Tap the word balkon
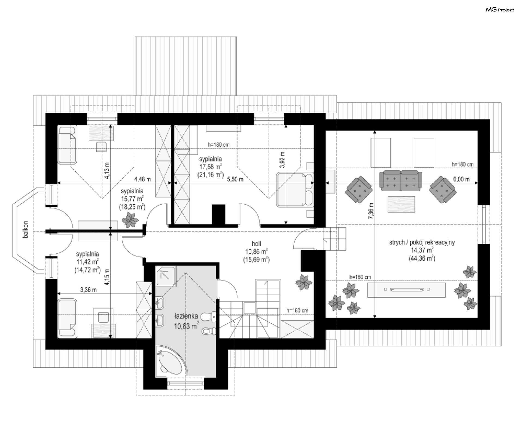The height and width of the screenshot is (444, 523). tap(26, 229)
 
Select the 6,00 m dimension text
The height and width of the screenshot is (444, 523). tap(461, 179)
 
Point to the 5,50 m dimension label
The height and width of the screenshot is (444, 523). tap(235, 179)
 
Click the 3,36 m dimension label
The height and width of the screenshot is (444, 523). tap(88, 290)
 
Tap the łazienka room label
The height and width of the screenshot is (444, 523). tap(186, 316)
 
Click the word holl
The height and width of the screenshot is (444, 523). tap(256, 244)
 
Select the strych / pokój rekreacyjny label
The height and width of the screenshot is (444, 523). tap(422, 242)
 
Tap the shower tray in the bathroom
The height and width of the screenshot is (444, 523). tap(166, 276)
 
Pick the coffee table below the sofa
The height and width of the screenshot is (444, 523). tap(402, 204)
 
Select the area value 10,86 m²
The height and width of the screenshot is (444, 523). tap(256, 252)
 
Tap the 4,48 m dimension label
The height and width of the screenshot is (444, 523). tap(142, 179)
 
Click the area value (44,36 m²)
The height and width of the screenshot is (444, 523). tap(422, 258)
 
